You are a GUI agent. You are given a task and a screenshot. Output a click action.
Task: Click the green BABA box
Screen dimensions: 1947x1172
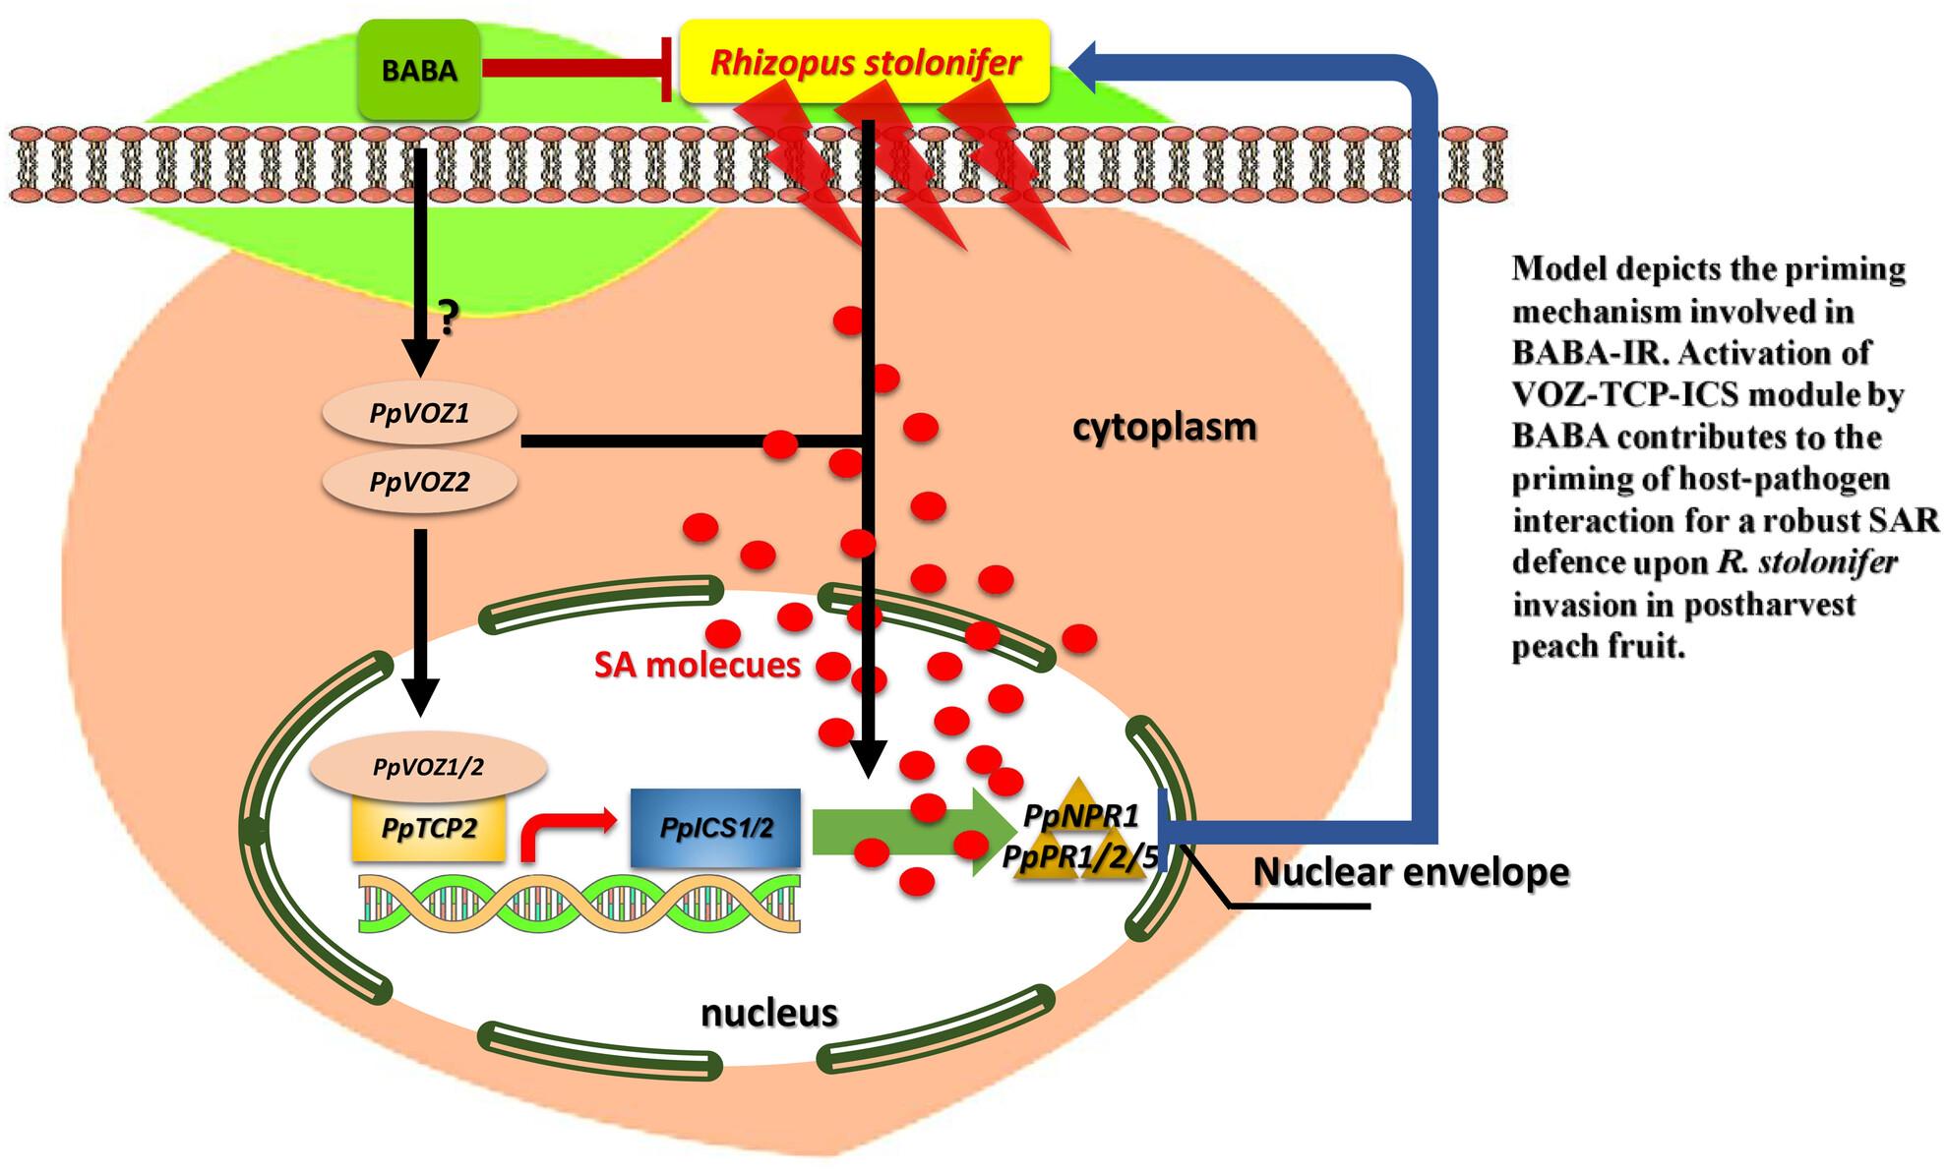(419, 70)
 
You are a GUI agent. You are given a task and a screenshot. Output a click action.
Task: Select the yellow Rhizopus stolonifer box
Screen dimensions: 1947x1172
(865, 60)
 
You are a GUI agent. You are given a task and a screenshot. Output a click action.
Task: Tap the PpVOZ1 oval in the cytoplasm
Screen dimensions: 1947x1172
(419, 414)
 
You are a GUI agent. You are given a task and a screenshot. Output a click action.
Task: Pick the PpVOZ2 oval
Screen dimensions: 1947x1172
(419, 483)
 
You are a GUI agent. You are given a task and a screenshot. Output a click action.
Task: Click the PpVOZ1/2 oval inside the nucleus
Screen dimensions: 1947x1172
(428, 767)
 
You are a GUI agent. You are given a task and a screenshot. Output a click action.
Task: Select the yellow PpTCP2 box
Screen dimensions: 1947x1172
(429, 828)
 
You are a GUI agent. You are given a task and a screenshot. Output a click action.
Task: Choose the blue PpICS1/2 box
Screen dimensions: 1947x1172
(715, 828)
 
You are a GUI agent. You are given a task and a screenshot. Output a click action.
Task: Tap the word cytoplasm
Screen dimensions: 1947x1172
(1165, 428)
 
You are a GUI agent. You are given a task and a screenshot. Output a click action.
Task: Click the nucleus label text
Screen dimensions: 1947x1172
(769, 1012)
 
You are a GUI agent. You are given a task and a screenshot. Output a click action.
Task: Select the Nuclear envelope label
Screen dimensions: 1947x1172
(1411, 871)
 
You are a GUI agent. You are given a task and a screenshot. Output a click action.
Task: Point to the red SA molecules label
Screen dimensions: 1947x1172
(697, 665)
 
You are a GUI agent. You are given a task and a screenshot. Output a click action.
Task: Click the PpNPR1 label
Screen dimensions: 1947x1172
(1080, 815)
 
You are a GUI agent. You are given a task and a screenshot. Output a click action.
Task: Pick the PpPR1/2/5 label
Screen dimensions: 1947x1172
(1080, 855)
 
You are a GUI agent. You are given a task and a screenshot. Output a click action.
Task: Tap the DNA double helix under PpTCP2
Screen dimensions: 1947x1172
(578, 903)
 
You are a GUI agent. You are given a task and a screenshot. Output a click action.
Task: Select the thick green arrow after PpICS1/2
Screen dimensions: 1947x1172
(905, 832)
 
